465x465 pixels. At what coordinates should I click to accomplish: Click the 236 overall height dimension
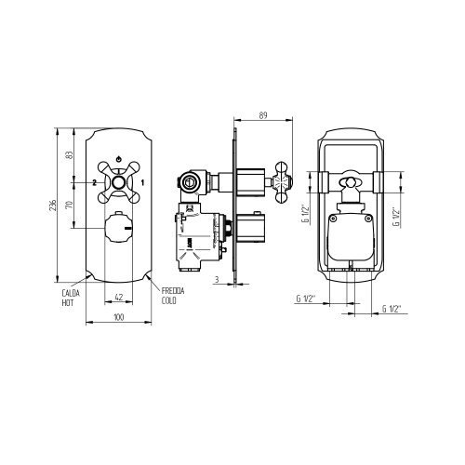[53, 206]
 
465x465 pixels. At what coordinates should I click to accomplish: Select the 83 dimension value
[69, 155]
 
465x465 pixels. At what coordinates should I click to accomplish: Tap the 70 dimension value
[69, 205]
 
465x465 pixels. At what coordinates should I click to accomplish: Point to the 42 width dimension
[119, 298]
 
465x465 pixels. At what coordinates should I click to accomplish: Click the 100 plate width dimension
[119, 317]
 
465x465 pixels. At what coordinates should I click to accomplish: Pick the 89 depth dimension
[263, 115]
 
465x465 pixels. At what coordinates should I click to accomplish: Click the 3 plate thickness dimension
[217, 279]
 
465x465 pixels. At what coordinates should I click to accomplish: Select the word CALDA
[71, 293]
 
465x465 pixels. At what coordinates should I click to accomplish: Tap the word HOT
[68, 303]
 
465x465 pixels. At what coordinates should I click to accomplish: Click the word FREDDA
[173, 291]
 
